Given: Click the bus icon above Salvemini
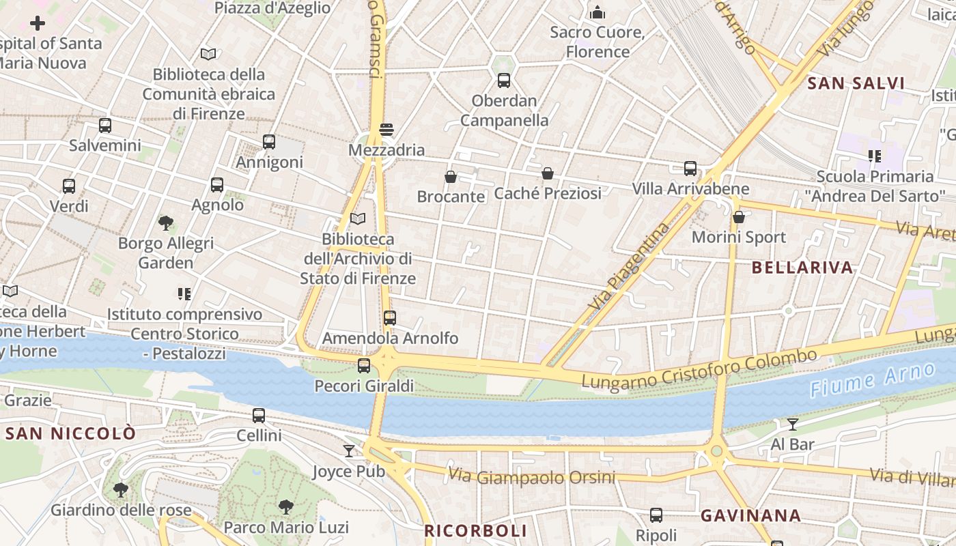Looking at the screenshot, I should (x=104, y=126).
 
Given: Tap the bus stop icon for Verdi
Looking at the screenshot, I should (x=69, y=186).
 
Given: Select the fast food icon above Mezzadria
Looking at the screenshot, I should (x=386, y=130).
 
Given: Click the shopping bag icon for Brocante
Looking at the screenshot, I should (x=451, y=177).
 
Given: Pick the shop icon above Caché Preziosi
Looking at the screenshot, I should (x=548, y=173).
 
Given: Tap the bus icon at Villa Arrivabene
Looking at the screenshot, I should (x=690, y=169).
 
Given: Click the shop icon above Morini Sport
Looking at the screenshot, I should (x=739, y=217).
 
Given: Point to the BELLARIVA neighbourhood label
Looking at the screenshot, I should (x=802, y=268).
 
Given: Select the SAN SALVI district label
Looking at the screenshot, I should (x=856, y=84).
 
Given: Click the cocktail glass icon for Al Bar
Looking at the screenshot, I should (x=792, y=425).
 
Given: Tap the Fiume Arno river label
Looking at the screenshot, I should (x=872, y=380).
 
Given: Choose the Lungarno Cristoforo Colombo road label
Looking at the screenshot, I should (x=699, y=369).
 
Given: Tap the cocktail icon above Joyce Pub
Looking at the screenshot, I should (x=349, y=451).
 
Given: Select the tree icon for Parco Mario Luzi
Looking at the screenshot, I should (x=286, y=507).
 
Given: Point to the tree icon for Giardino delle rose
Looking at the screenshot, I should (x=121, y=489).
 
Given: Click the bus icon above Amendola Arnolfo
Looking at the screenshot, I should (x=389, y=318).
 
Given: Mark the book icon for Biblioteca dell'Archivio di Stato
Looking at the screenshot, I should (x=358, y=219).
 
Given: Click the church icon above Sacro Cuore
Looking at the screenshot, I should (x=597, y=12).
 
